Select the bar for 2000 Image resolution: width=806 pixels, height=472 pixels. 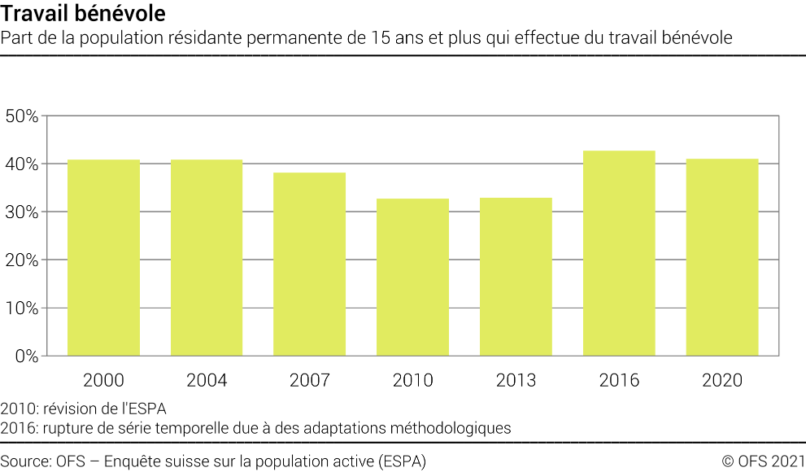103,258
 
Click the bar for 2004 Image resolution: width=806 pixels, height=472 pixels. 207,258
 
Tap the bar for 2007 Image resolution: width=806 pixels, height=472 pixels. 309,264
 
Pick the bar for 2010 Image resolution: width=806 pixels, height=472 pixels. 412,278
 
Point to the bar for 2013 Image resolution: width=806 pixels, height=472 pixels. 516,277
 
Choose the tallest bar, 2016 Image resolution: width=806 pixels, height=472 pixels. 619,253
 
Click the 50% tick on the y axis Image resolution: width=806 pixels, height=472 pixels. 22,116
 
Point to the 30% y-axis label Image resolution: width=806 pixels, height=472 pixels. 22,212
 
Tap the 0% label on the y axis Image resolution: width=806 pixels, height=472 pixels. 26,356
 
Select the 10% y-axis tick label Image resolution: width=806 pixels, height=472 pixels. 22,308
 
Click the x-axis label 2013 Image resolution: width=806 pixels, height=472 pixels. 516,380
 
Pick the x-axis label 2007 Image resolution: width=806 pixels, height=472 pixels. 309,380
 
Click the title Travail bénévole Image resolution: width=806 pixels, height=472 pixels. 85,13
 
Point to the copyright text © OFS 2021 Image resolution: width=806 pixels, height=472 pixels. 763,461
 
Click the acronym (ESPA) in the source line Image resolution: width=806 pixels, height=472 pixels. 403,461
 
